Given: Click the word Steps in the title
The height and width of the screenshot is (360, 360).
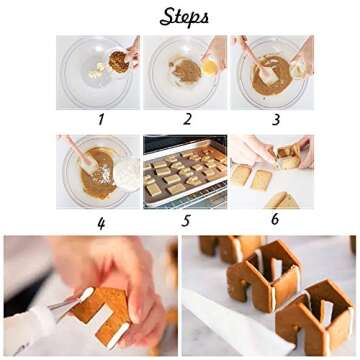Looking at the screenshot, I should pos(184,17).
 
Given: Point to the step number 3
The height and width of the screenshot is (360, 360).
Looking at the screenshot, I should pos(271,119).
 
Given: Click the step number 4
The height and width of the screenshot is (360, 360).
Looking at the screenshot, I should pos(100,221).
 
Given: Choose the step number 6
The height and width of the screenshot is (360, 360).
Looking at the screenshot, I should pos(273,220).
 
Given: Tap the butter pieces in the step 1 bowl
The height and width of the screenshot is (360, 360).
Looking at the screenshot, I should pos(97,72).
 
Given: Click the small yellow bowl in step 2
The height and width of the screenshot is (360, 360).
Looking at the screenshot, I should pos(210,66).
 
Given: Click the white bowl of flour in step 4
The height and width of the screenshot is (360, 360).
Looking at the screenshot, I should pos(127,172).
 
